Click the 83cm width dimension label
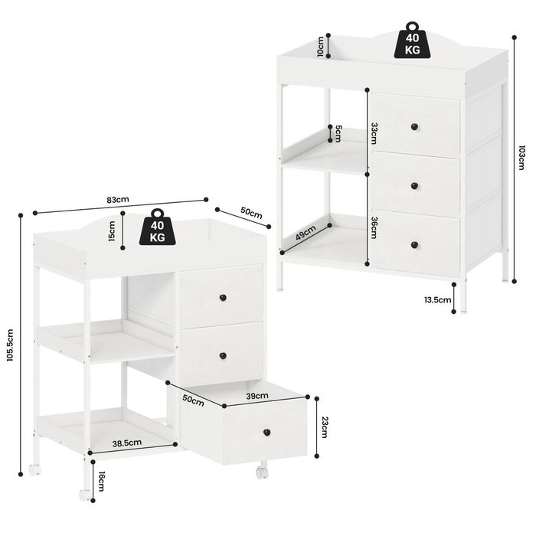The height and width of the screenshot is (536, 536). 118,200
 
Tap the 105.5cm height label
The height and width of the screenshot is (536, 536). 10,345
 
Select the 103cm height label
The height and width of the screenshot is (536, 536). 521,158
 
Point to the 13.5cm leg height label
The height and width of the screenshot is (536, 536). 438,300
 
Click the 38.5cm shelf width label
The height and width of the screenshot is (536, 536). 127,443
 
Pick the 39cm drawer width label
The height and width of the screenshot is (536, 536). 257,396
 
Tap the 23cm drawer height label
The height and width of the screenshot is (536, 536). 325,427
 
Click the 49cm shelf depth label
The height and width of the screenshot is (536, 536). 306,233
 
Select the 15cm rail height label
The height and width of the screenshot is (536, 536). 112,231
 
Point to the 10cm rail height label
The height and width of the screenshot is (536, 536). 320,46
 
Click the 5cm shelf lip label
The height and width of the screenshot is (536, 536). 338,134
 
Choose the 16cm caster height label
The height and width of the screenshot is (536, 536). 102,481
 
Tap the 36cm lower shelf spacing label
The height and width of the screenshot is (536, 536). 374,228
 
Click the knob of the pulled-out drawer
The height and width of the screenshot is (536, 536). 267,433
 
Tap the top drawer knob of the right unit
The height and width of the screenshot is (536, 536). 415,127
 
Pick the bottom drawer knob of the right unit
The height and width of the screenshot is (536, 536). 415,245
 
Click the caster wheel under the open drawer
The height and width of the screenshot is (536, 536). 262,472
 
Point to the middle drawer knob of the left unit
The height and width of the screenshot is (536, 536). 223,356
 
